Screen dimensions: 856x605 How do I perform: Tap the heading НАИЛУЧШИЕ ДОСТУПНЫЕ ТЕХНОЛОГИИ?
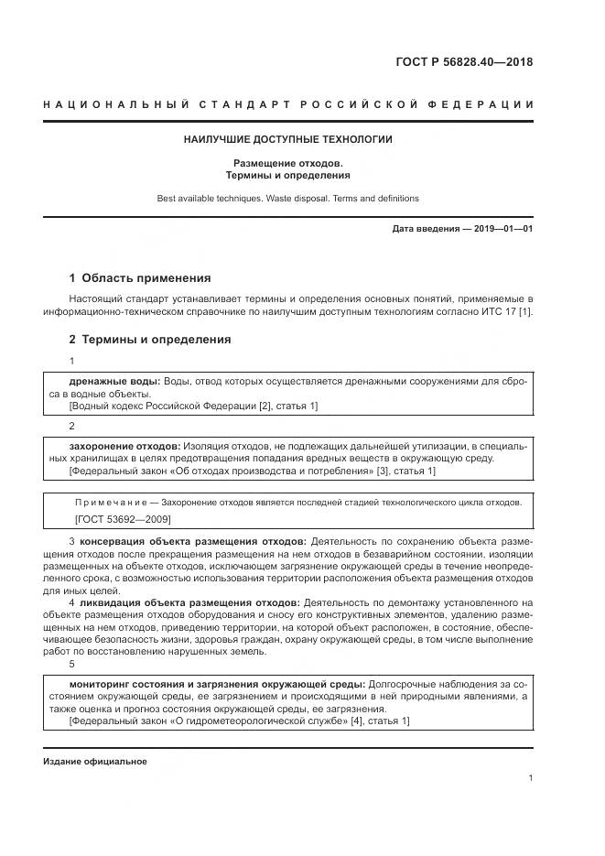point(288,140)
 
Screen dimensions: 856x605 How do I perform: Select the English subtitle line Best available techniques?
point(288,198)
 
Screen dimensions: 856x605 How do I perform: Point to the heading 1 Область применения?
point(140,278)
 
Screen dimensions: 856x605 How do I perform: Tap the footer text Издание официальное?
point(94,762)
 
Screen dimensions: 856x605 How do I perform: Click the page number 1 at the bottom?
point(531,778)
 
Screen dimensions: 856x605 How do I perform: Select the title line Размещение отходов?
point(288,162)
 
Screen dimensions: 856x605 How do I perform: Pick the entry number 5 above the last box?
point(72,664)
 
